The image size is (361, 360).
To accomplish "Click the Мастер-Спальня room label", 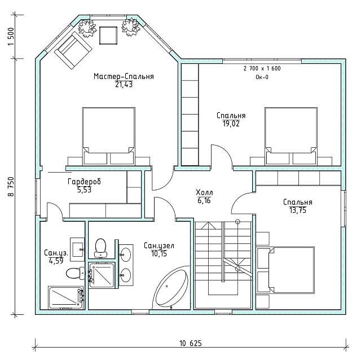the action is click(124, 76).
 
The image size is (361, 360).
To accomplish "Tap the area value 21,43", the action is click(124, 85).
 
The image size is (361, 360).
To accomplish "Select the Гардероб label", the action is click(84, 182).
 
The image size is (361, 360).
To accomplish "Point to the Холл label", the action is click(204, 192).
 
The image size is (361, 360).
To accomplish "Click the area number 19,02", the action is click(231, 124).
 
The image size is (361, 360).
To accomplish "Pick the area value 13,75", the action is click(298, 210).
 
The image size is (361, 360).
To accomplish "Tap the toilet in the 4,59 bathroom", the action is click(76, 274).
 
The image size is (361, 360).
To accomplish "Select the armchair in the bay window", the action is click(73, 50).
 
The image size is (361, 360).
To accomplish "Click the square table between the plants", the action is click(108, 35).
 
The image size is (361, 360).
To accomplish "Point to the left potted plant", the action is click(87, 28).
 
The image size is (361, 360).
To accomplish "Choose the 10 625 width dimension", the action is click(191, 344).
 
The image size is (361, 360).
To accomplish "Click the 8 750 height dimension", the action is click(11, 187).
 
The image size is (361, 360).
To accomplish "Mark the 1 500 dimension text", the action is click(11, 37).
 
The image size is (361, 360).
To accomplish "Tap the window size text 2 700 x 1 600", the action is click(262, 68).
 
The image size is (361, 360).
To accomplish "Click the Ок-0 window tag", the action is click(262, 77).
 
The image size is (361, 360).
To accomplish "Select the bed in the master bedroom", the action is click(109, 136).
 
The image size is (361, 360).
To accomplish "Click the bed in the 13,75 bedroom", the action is click(286, 270).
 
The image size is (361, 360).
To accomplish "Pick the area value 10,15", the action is click(159, 254).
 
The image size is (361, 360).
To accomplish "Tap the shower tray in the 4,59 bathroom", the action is click(65, 297).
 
